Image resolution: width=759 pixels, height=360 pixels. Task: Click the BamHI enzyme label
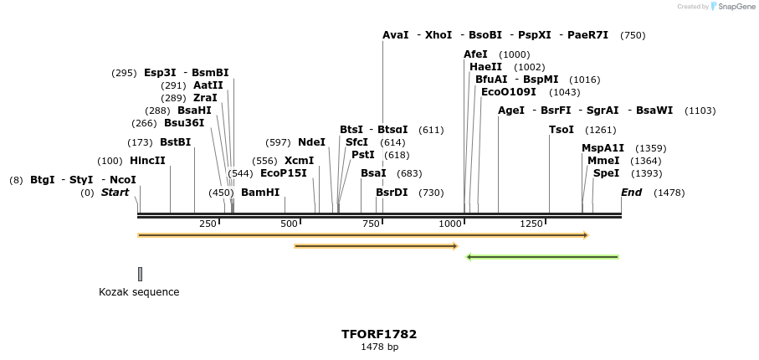(x=260, y=193)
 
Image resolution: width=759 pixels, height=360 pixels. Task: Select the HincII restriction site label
(x=147, y=161)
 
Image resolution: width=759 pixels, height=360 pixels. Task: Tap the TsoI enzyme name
(x=562, y=130)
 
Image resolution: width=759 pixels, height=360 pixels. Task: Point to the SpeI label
(x=606, y=173)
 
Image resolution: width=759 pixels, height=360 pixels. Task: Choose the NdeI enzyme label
(x=311, y=142)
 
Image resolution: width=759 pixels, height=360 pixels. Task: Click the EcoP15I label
(x=284, y=173)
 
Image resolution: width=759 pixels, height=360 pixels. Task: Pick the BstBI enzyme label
(x=176, y=142)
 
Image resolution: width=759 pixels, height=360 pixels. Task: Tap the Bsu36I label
(x=184, y=123)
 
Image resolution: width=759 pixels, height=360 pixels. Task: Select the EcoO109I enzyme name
(x=509, y=92)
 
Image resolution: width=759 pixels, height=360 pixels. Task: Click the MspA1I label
(x=603, y=148)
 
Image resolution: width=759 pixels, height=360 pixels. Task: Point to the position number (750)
(x=633, y=35)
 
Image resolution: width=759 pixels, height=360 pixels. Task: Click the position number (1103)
(x=700, y=111)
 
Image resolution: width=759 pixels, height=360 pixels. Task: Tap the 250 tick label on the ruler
(x=208, y=224)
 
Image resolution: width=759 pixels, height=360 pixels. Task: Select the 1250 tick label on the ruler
(x=531, y=224)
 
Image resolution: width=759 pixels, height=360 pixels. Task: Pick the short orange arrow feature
(x=376, y=246)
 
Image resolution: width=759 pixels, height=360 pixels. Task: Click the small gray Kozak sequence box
(x=140, y=274)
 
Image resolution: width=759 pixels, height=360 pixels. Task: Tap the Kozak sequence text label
(x=139, y=292)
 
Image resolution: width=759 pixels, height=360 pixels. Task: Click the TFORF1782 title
(x=379, y=334)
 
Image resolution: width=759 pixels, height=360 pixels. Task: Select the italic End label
(x=631, y=193)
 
